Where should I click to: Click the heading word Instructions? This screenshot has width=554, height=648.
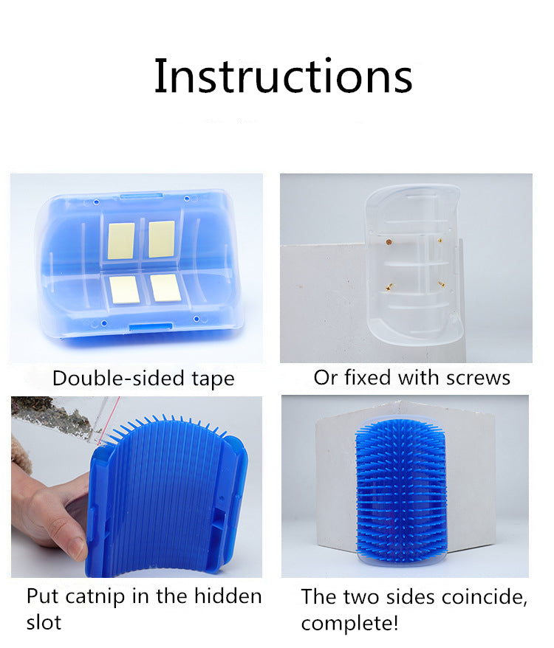[284, 77]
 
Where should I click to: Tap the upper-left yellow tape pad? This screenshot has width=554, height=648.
[121, 241]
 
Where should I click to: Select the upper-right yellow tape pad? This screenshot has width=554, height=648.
[161, 239]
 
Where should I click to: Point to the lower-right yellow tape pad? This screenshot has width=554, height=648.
[165, 288]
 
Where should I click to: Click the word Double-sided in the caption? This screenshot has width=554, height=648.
[118, 378]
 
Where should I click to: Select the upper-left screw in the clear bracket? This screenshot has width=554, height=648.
[389, 242]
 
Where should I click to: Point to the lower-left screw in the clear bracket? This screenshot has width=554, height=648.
[389, 286]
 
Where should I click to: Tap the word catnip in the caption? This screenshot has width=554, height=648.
[95, 597]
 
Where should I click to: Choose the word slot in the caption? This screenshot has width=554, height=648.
[44, 622]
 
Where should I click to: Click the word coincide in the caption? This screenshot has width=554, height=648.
[484, 598]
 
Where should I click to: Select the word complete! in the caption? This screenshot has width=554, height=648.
[349, 624]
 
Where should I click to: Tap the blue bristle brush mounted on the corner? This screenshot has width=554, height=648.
[400, 491]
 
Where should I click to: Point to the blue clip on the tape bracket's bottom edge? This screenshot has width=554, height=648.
[151, 327]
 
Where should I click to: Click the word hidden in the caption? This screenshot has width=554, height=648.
[228, 596]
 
